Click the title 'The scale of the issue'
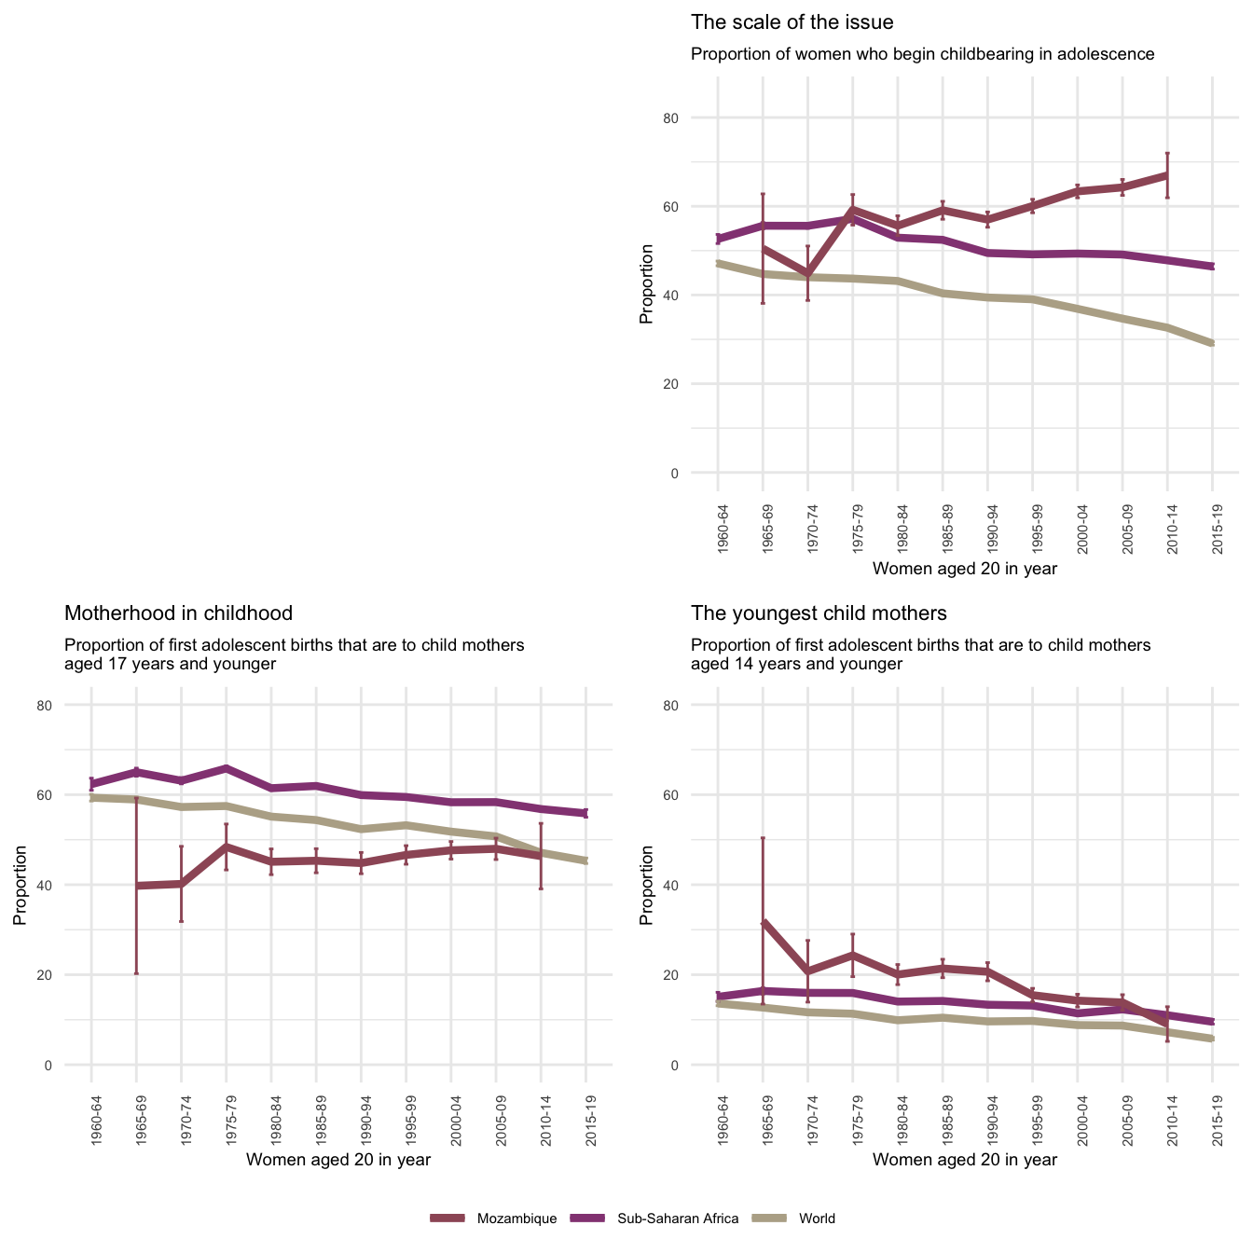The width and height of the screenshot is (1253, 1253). (x=792, y=22)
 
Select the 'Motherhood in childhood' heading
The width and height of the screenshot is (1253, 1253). (x=178, y=613)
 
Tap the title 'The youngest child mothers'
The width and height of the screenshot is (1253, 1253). (x=819, y=613)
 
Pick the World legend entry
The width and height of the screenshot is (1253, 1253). (x=817, y=1219)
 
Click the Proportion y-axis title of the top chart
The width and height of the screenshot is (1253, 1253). (x=646, y=283)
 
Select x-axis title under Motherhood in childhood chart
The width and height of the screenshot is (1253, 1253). (x=337, y=1160)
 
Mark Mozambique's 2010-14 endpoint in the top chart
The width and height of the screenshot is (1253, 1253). (x=1167, y=174)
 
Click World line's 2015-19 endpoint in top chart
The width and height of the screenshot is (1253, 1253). (x=1212, y=344)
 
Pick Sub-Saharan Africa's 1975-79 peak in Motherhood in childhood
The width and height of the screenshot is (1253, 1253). (x=227, y=768)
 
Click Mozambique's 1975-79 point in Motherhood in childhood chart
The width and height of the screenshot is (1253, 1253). (x=227, y=847)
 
